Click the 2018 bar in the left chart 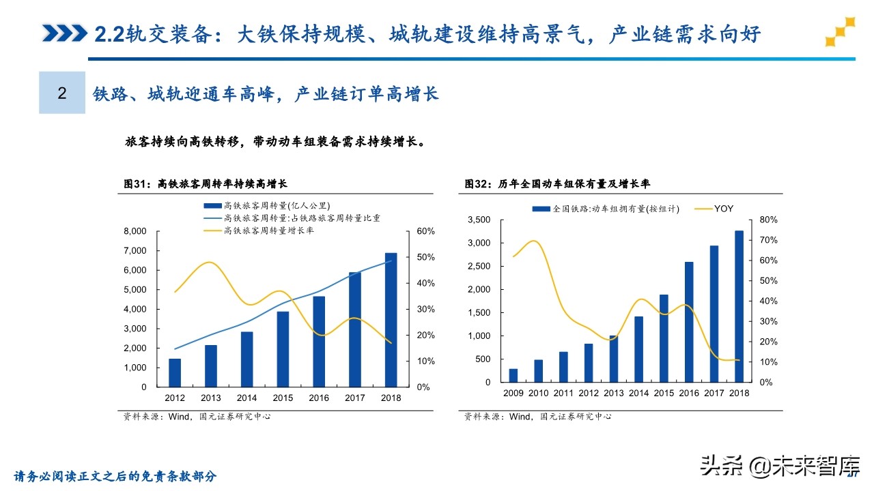coord(391,320)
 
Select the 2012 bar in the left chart coord(175,372)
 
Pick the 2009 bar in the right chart coord(513,375)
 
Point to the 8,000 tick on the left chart coord(135,232)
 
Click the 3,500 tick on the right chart coord(479,220)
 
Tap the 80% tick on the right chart coord(768,220)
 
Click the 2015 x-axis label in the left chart coord(283,398)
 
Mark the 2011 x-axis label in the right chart coord(563,393)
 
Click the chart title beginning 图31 coord(206,184)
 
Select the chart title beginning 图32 coord(557,184)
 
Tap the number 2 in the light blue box coord(62,93)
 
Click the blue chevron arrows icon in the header coord(64,33)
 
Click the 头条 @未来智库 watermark coord(778,466)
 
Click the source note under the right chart coord(537,416)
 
